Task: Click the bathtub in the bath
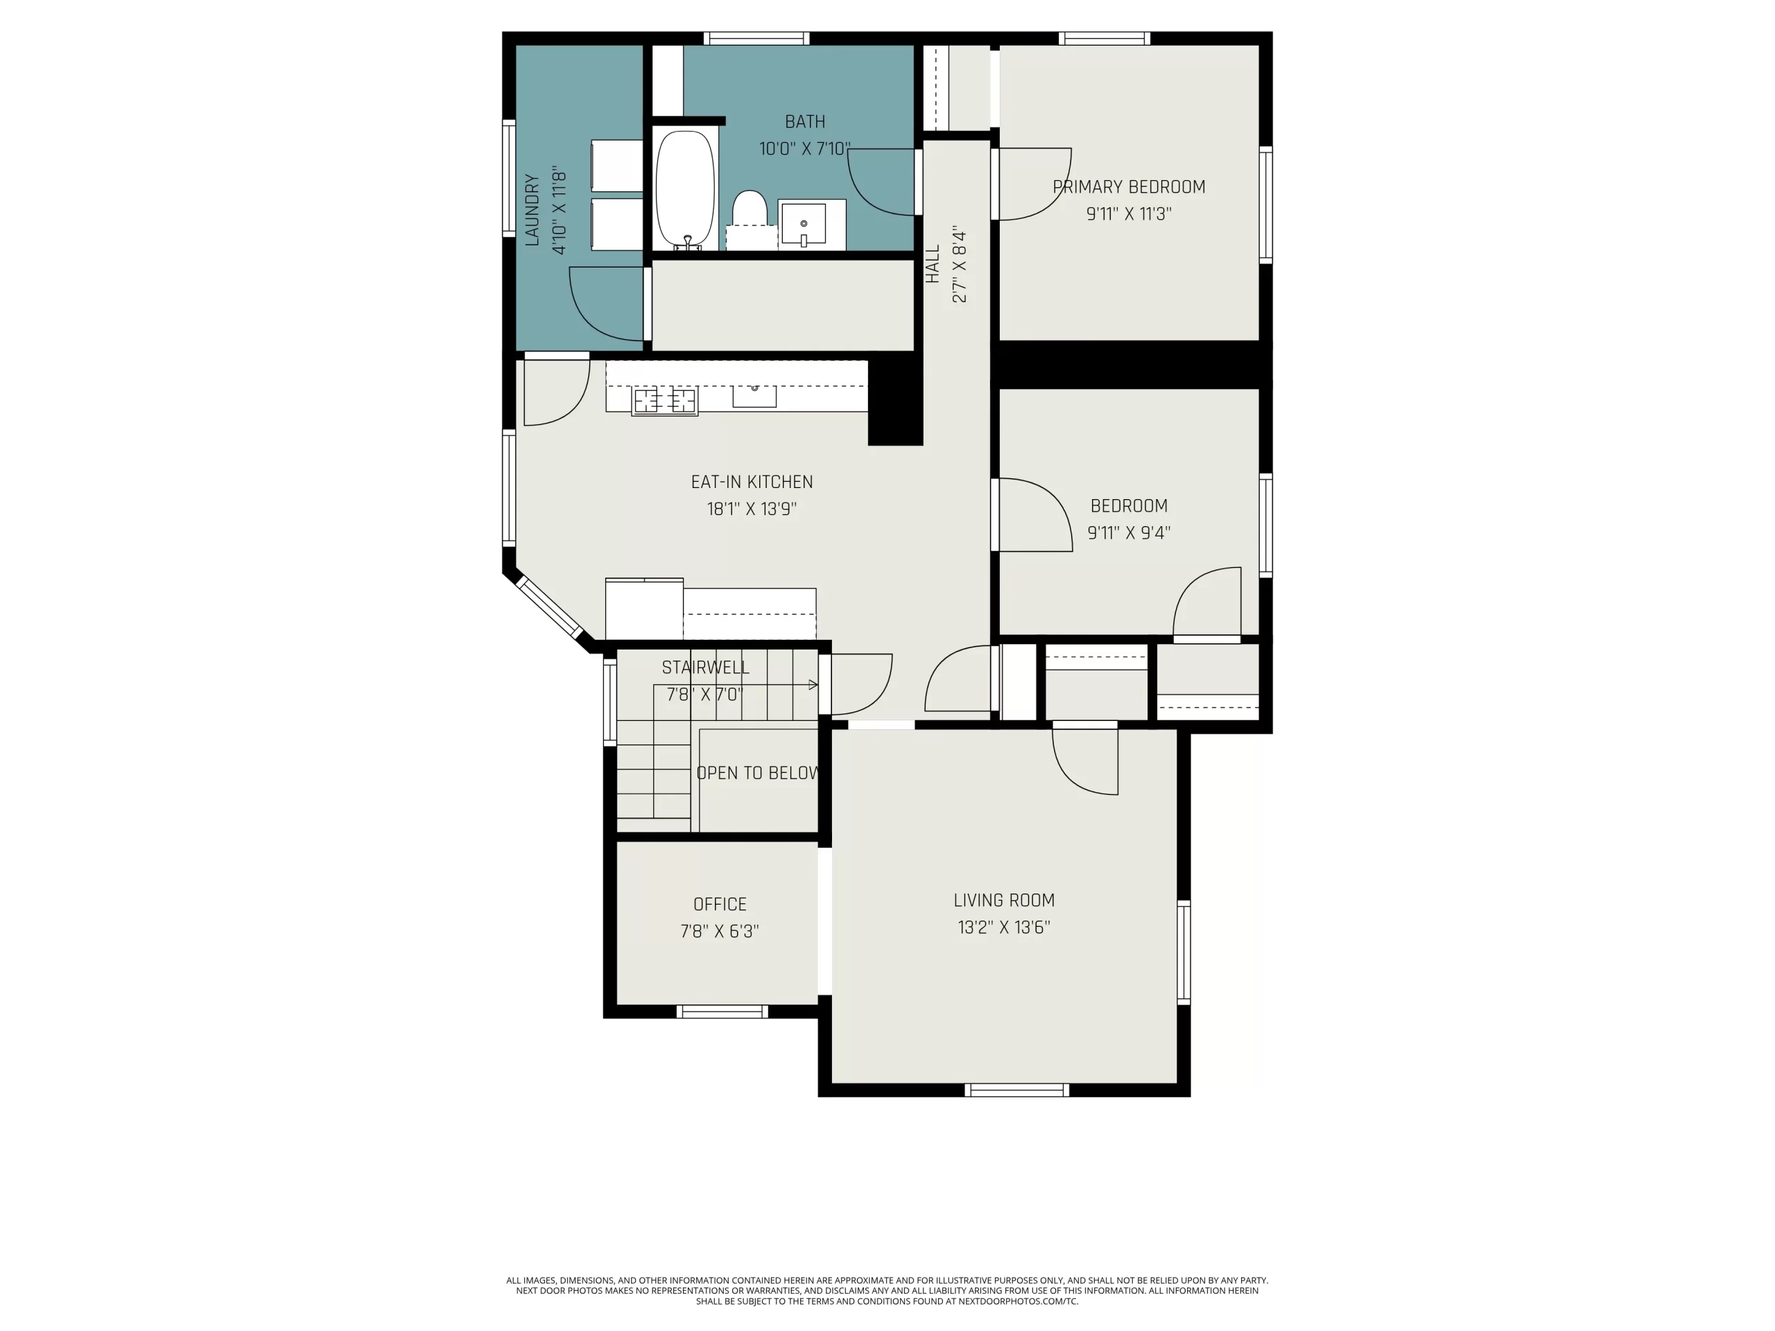tap(684, 189)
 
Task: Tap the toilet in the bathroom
tap(750, 209)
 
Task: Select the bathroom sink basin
tap(803, 224)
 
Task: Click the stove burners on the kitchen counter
tap(664, 401)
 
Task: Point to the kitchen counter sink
tap(754, 396)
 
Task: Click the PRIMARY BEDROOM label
tap(1128, 187)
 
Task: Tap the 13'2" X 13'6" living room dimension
tap(1003, 928)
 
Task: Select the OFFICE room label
tap(720, 904)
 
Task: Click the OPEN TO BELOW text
tap(758, 773)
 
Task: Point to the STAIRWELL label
tap(705, 668)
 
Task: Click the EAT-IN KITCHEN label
tap(752, 482)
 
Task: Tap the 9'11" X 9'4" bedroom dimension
tap(1128, 532)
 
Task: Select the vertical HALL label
tap(933, 264)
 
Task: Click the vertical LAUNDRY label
tap(532, 209)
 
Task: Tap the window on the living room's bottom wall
tap(1016, 1090)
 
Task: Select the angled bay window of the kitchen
tap(550, 605)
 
